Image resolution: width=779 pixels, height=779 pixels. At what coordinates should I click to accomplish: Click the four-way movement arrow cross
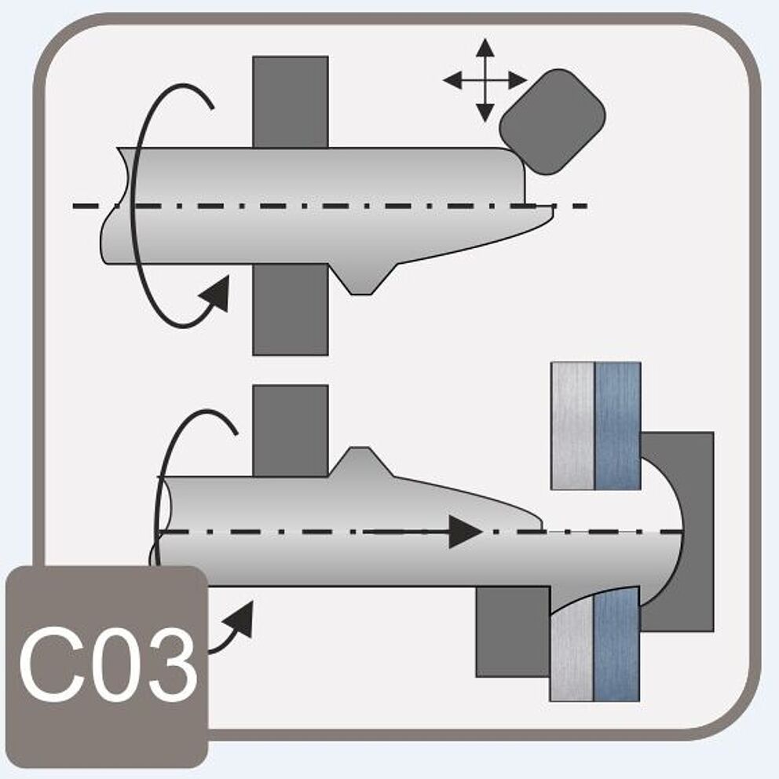tap(485, 79)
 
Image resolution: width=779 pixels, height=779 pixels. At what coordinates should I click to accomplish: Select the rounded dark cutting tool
tap(552, 121)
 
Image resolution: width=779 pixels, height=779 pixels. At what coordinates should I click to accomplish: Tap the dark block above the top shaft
tap(290, 101)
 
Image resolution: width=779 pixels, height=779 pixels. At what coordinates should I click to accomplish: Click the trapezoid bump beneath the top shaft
tap(361, 278)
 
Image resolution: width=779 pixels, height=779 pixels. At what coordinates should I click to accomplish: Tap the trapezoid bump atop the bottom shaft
tap(359, 462)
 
